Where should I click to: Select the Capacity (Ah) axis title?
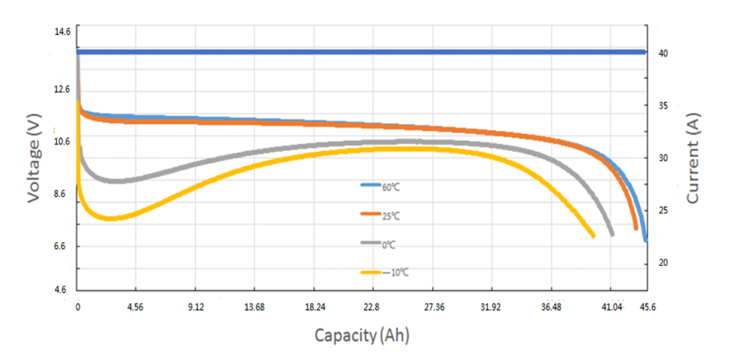363,334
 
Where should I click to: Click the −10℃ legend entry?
389,272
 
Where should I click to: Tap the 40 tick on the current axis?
661,53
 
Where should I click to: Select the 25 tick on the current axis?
661,211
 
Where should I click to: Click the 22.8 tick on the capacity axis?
371,307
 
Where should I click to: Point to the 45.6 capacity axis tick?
646,307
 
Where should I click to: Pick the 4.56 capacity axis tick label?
135,307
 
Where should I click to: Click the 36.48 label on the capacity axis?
550,307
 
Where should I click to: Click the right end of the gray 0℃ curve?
612,234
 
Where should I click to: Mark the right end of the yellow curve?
593,235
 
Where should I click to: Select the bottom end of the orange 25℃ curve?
636,228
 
